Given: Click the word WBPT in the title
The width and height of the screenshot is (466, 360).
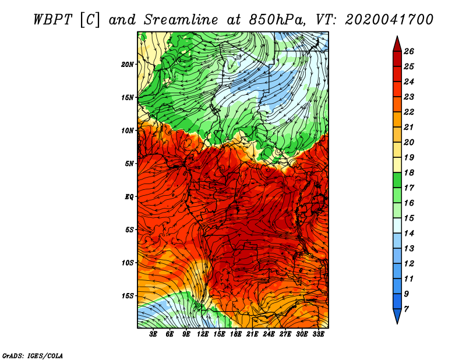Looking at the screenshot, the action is tap(53, 20).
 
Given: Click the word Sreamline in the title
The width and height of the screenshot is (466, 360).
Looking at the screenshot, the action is tap(181, 20).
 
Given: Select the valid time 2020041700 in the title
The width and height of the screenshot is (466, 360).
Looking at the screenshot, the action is tap(389, 20).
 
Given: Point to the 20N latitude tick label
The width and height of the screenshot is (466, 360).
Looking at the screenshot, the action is tap(128, 65).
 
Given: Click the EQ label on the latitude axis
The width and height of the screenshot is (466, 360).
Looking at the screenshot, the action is tap(129, 197).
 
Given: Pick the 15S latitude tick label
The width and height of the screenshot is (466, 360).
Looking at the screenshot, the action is tap(128, 296).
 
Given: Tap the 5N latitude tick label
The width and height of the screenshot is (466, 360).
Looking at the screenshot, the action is tap(129, 164).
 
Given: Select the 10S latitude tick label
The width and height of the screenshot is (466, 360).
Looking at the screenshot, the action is tap(128, 263).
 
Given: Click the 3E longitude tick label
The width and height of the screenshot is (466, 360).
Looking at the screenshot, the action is tap(153, 334).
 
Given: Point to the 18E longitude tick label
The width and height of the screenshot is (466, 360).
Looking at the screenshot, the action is tap(236, 334).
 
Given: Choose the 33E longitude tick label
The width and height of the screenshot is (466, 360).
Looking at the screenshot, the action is tap(318, 334).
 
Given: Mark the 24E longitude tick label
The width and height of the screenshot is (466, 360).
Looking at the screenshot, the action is tap(269, 334).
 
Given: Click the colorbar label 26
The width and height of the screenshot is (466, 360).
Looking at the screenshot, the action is tap(409, 51).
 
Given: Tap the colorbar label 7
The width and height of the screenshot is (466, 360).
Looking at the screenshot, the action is tap(407, 309).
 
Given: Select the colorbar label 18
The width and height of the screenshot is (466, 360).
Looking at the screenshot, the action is tap(409, 172).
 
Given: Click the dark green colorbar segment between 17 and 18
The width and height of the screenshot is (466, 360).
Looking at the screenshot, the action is tap(397, 180).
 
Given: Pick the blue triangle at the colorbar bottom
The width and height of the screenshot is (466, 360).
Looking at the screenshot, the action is tap(397, 316).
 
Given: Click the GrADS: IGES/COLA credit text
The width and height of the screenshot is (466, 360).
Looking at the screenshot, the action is tap(33, 355).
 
